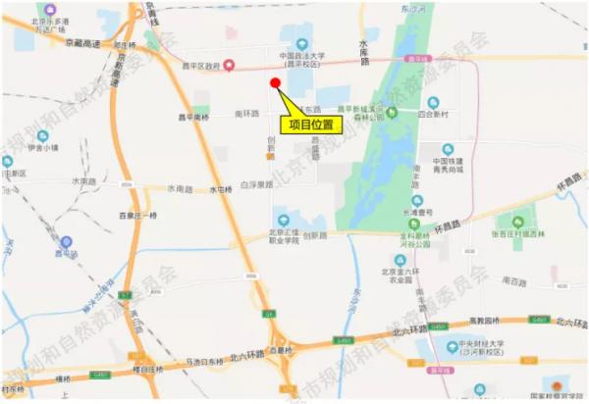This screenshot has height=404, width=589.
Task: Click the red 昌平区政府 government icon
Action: tap(229, 66)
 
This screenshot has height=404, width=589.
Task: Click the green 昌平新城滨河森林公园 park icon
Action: tap(391, 111)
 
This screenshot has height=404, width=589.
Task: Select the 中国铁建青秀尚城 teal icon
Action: tap(448, 149)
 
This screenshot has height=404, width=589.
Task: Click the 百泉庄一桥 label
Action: tap(137, 214)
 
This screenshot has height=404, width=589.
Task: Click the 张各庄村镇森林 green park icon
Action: tap(518, 221)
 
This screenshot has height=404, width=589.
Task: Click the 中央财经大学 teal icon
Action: tap(449, 344)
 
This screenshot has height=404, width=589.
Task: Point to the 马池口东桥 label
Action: tap(200, 361)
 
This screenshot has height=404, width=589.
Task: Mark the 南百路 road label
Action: tap(513, 280)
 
